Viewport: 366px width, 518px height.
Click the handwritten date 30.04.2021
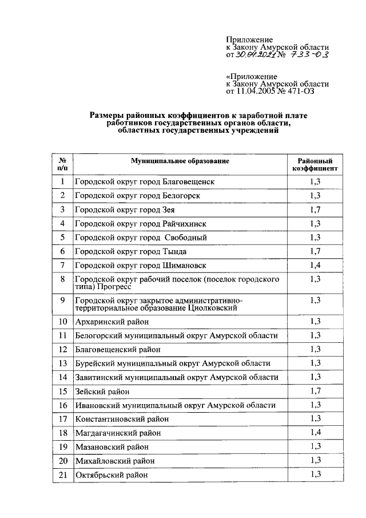pyautogui.click(x=254, y=56)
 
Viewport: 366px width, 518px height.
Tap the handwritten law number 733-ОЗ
pyautogui.click(x=308, y=55)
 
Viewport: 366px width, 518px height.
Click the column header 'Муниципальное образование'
pyautogui.click(x=179, y=161)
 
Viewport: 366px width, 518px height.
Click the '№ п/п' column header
pyautogui.click(x=62, y=165)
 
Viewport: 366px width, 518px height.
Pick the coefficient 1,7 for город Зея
pyautogui.click(x=315, y=209)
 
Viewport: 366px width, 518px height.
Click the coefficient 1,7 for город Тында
pyautogui.click(x=315, y=251)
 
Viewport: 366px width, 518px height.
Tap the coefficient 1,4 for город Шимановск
pyautogui.click(x=315, y=265)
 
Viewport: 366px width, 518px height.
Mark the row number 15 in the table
pyautogui.click(x=62, y=392)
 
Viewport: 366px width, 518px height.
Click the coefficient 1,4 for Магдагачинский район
pyautogui.click(x=315, y=433)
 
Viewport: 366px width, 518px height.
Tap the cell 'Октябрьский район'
pyautogui.click(x=111, y=475)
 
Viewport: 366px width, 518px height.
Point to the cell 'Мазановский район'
pyautogui.click(x=112, y=447)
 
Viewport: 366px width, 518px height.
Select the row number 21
pyautogui.click(x=62, y=475)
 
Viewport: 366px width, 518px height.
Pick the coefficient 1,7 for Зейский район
pyautogui.click(x=315, y=392)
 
